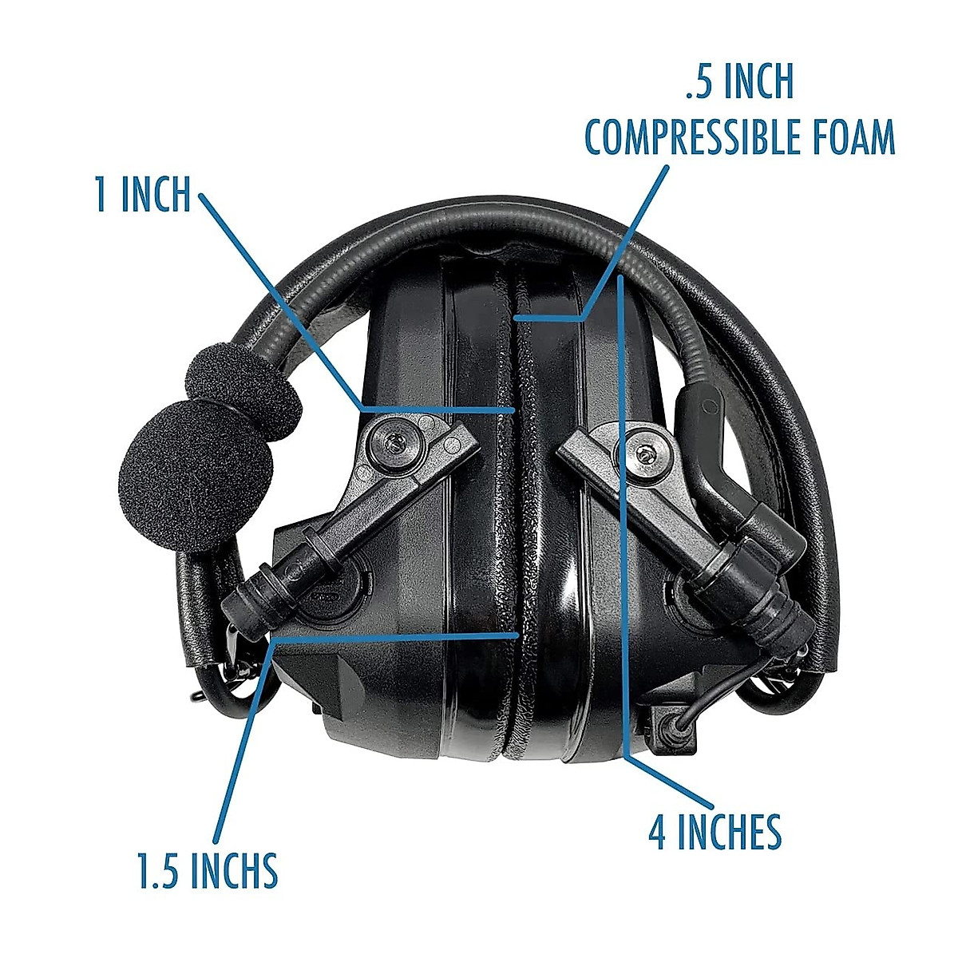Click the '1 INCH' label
click(x=143, y=195)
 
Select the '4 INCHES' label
click(x=715, y=832)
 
